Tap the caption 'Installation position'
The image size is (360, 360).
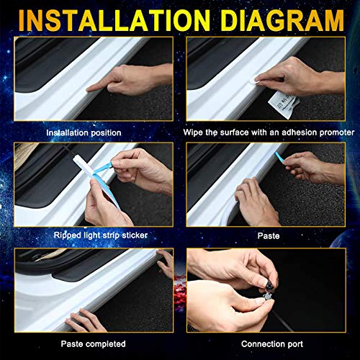coord(84,132)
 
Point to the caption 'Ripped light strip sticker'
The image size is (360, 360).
coord(92,235)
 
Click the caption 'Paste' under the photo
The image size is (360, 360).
coord(269,235)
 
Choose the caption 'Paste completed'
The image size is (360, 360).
coord(93,343)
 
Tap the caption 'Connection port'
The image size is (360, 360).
coord(269,343)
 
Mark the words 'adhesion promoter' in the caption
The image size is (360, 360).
coord(316,132)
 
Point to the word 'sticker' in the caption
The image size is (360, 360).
coord(130,235)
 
